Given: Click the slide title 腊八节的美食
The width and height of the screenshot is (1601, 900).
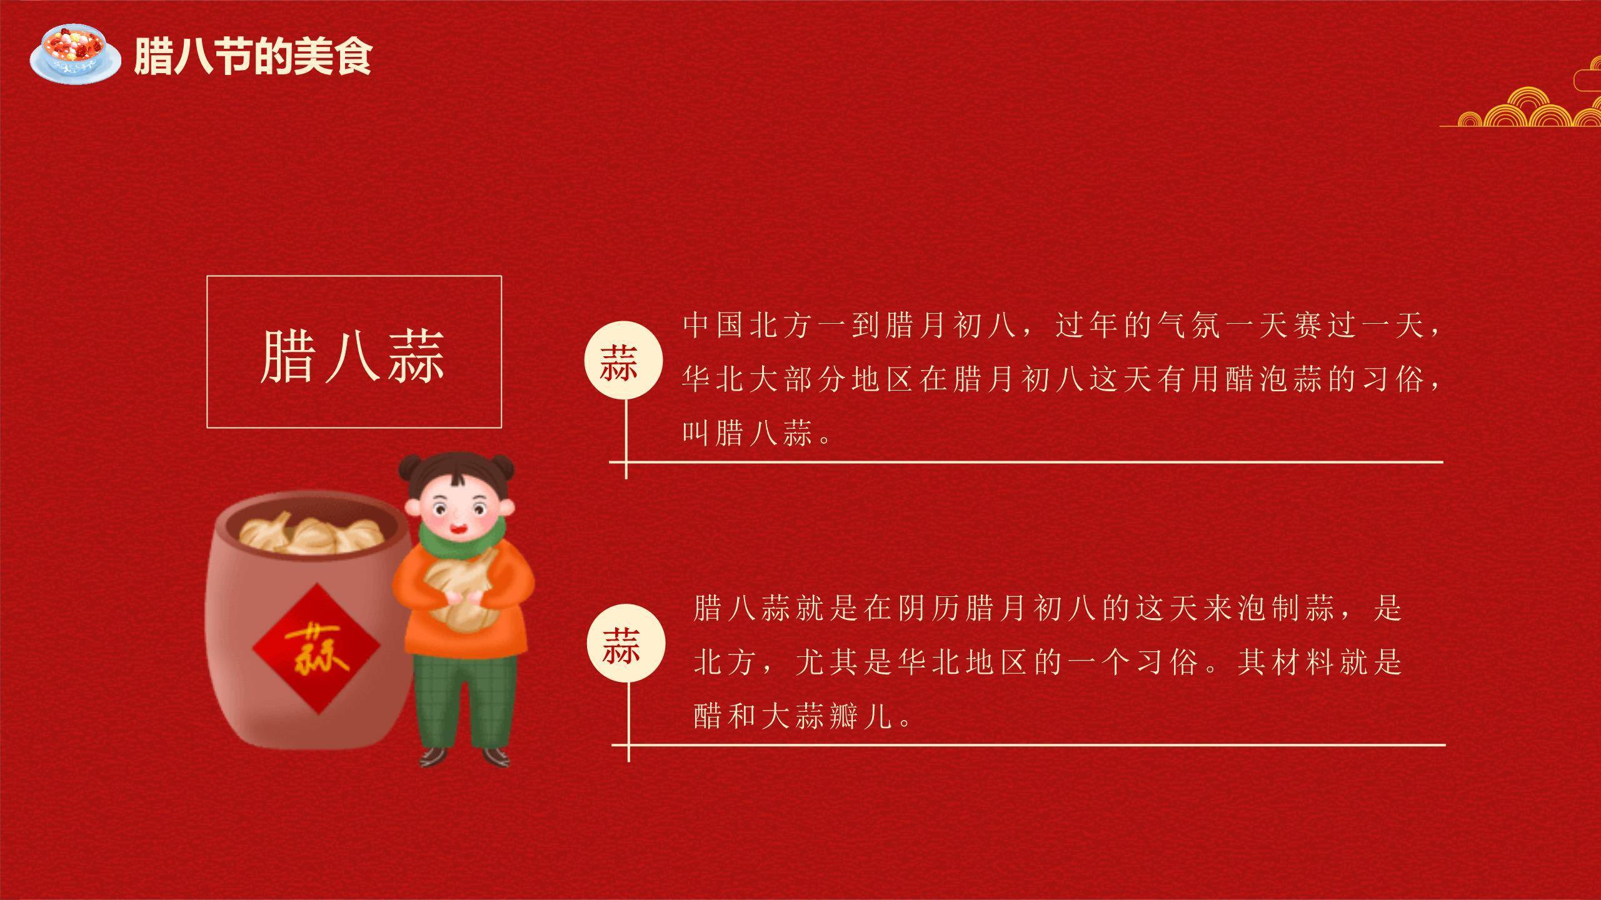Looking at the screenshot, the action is (x=253, y=56).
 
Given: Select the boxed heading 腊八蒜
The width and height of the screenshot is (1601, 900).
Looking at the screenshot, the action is (x=353, y=354).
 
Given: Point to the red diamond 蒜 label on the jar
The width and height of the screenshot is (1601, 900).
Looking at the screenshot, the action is (x=316, y=648).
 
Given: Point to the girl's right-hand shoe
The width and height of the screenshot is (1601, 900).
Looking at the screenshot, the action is (x=496, y=757).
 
